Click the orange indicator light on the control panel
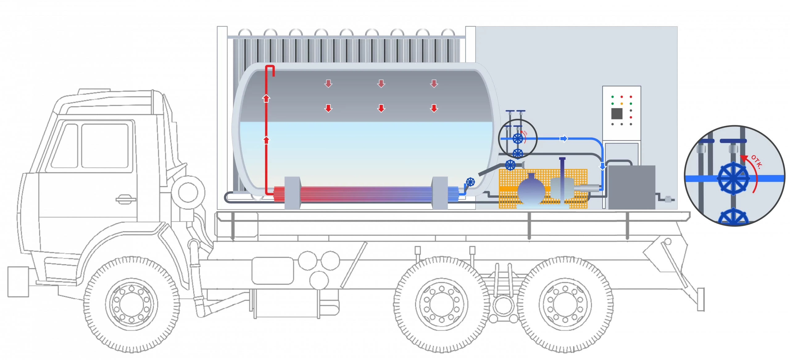pos(622,104)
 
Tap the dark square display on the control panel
pos(617,114)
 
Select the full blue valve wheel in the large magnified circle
pos(733,179)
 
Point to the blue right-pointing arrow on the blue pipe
pos(563,139)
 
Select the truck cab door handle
pos(125,200)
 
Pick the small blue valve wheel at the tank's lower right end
pos(470,182)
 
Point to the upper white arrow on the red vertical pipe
pos(266,98)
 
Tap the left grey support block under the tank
pos(292,192)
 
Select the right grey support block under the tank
pos(439,192)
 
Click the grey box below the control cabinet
pos(631,187)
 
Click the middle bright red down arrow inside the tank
pos(381,108)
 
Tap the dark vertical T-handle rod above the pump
pos(562,173)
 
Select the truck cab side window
pos(105,145)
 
